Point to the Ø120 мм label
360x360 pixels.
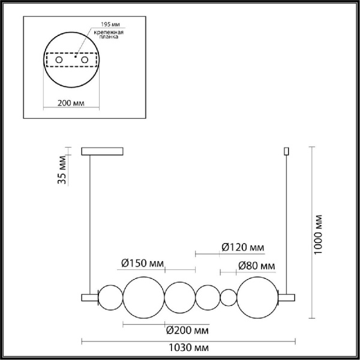click(x=242, y=247)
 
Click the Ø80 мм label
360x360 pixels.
click(x=256, y=266)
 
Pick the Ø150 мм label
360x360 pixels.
click(x=142, y=262)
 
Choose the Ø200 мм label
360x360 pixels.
click(x=187, y=330)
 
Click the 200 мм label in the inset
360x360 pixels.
click(x=71, y=103)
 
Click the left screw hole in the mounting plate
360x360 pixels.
click(x=59, y=61)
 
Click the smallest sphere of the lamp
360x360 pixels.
click(x=229, y=297)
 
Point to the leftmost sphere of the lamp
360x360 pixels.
click(x=109, y=297)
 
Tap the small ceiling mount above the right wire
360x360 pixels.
click(x=286, y=151)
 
